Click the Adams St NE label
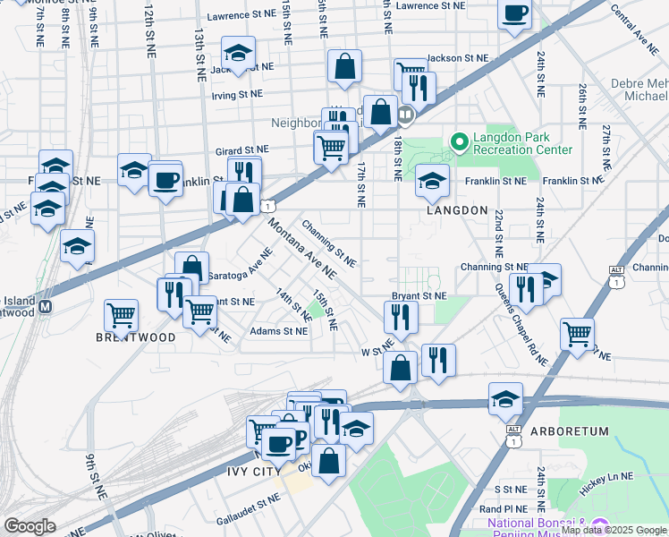[279, 331]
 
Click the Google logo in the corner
[30, 525]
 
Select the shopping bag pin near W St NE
[400, 367]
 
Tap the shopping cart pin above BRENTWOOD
[122, 314]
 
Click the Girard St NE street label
[241, 151]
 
